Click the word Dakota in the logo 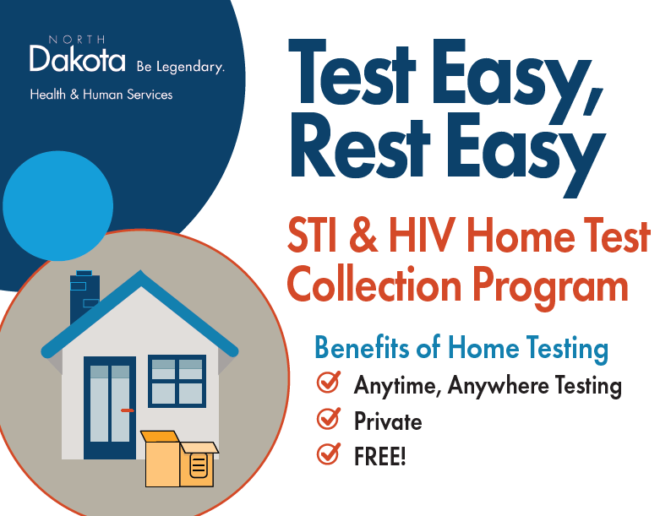pyautogui.click(x=71, y=59)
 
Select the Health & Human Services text pyautogui.click(x=101, y=95)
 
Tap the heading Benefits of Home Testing pyautogui.click(x=461, y=347)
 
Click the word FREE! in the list pyautogui.click(x=380, y=457)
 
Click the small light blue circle pyautogui.click(x=57, y=206)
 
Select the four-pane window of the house pyautogui.click(x=177, y=381)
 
